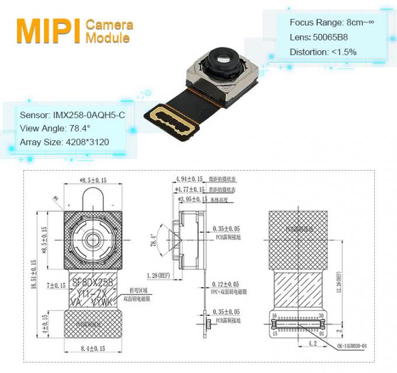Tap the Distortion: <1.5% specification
tap(323, 51)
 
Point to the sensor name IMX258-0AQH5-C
tap(72, 115)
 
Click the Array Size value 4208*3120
tap(64, 142)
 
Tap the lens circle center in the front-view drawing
tap(93, 240)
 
